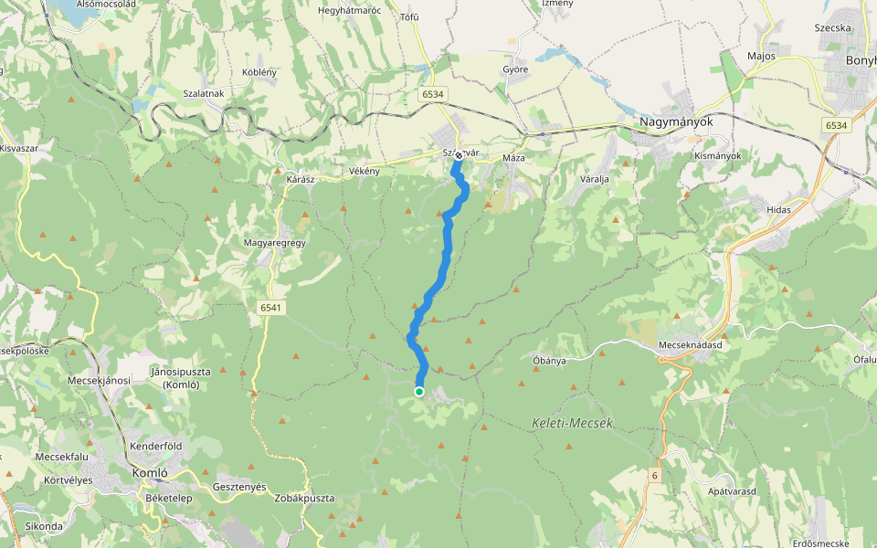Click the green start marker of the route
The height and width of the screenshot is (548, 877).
pyautogui.click(x=419, y=392)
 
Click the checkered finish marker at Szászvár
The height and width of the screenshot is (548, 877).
pyautogui.click(x=458, y=155)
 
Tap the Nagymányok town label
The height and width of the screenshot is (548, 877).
pyautogui.click(x=675, y=121)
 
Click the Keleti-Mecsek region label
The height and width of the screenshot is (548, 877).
pyautogui.click(x=572, y=423)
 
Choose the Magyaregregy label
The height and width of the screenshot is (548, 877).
pyautogui.click(x=274, y=243)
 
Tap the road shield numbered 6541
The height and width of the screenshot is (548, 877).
pyautogui.click(x=270, y=308)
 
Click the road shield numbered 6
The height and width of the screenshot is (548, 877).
pyautogui.click(x=655, y=476)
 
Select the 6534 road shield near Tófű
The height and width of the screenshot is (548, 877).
pyautogui.click(x=433, y=94)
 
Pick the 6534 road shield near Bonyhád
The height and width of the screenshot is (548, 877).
pyautogui.click(x=835, y=125)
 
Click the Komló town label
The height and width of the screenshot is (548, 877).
pyautogui.click(x=149, y=473)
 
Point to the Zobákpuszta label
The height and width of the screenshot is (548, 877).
pyautogui.click(x=303, y=499)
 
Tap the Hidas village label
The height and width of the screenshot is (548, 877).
pyautogui.click(x=778, y=210)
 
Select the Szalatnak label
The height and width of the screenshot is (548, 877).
pyautogui.click(x=204, y=94)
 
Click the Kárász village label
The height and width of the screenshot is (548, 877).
pyautogui.click(x=300, y=180)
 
